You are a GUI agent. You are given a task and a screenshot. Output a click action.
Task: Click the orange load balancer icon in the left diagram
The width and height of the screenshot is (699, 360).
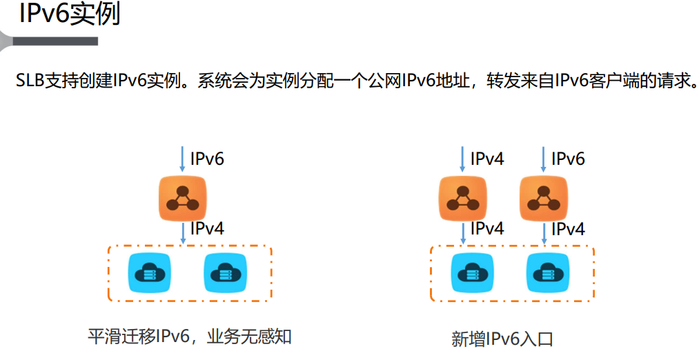pyautogui.click(x=183, y=199)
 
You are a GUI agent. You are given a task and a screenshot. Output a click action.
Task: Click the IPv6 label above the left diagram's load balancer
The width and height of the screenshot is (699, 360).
pyautogui.click(x=207, y=159)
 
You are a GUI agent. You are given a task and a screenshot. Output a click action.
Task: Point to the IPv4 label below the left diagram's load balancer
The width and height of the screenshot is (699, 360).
pyautogui.click(x=207, y=228)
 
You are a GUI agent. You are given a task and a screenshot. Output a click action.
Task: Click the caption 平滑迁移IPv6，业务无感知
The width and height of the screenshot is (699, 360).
pyautogui.click(x=190, y=337)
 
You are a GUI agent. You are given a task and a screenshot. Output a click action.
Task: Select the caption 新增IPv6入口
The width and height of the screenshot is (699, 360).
pyautogui.click(x=502, y=339)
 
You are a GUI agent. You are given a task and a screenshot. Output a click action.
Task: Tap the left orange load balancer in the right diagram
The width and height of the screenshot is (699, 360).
pyautogui.click(x=463, y=199)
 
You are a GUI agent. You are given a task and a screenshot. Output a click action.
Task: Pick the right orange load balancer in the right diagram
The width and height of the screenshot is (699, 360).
pyautogui.click(x=544, y=199)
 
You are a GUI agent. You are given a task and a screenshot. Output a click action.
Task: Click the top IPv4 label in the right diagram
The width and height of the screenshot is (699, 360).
pyautogui.click(x=487, y=159)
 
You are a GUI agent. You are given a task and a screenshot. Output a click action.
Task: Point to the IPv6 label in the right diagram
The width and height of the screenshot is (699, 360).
pyautogui.click(x=568, y=159)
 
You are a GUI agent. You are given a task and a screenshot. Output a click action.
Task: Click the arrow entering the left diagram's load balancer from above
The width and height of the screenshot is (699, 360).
pyautogui.click(x=182, y=159)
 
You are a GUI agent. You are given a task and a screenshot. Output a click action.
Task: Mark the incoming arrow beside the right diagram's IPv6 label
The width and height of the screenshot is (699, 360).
pyautogui.click(x=544, y=159)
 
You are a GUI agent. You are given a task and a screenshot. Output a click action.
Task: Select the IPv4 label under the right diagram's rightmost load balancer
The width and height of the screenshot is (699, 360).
pyautogui.click(x=568, y=228)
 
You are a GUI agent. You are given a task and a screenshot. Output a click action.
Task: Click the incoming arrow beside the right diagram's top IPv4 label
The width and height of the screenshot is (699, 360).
pyautogui.click(x=463, y=159)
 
